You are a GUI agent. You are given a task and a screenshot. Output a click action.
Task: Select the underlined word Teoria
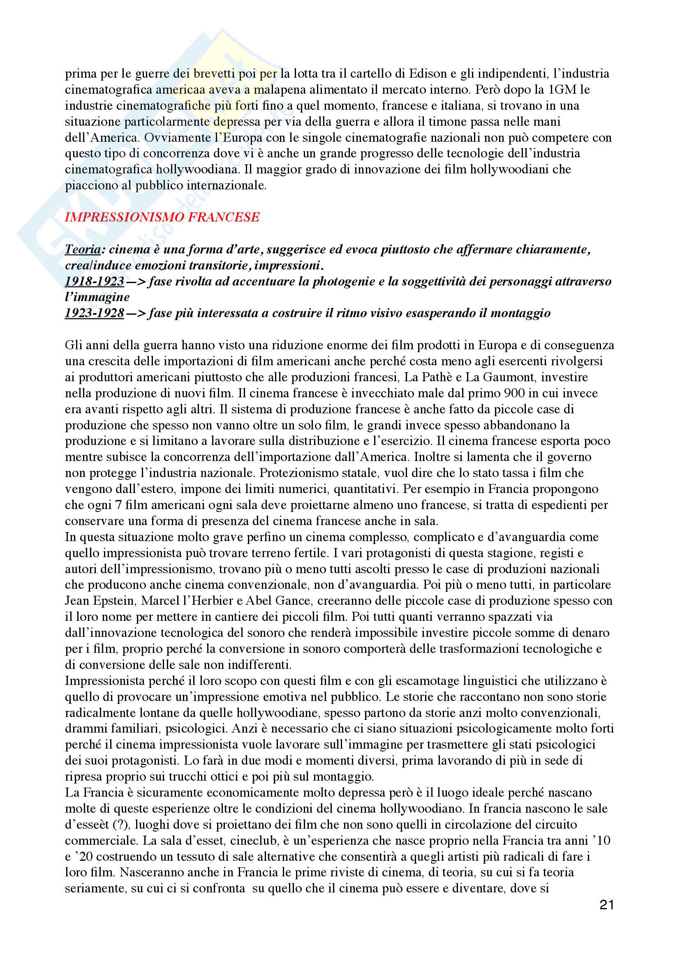[x=83, y=249]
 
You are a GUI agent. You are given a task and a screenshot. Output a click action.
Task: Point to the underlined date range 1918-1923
[x=95, y=281]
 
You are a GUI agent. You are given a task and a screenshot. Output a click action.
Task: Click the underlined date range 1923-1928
[x=95, y=313]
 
